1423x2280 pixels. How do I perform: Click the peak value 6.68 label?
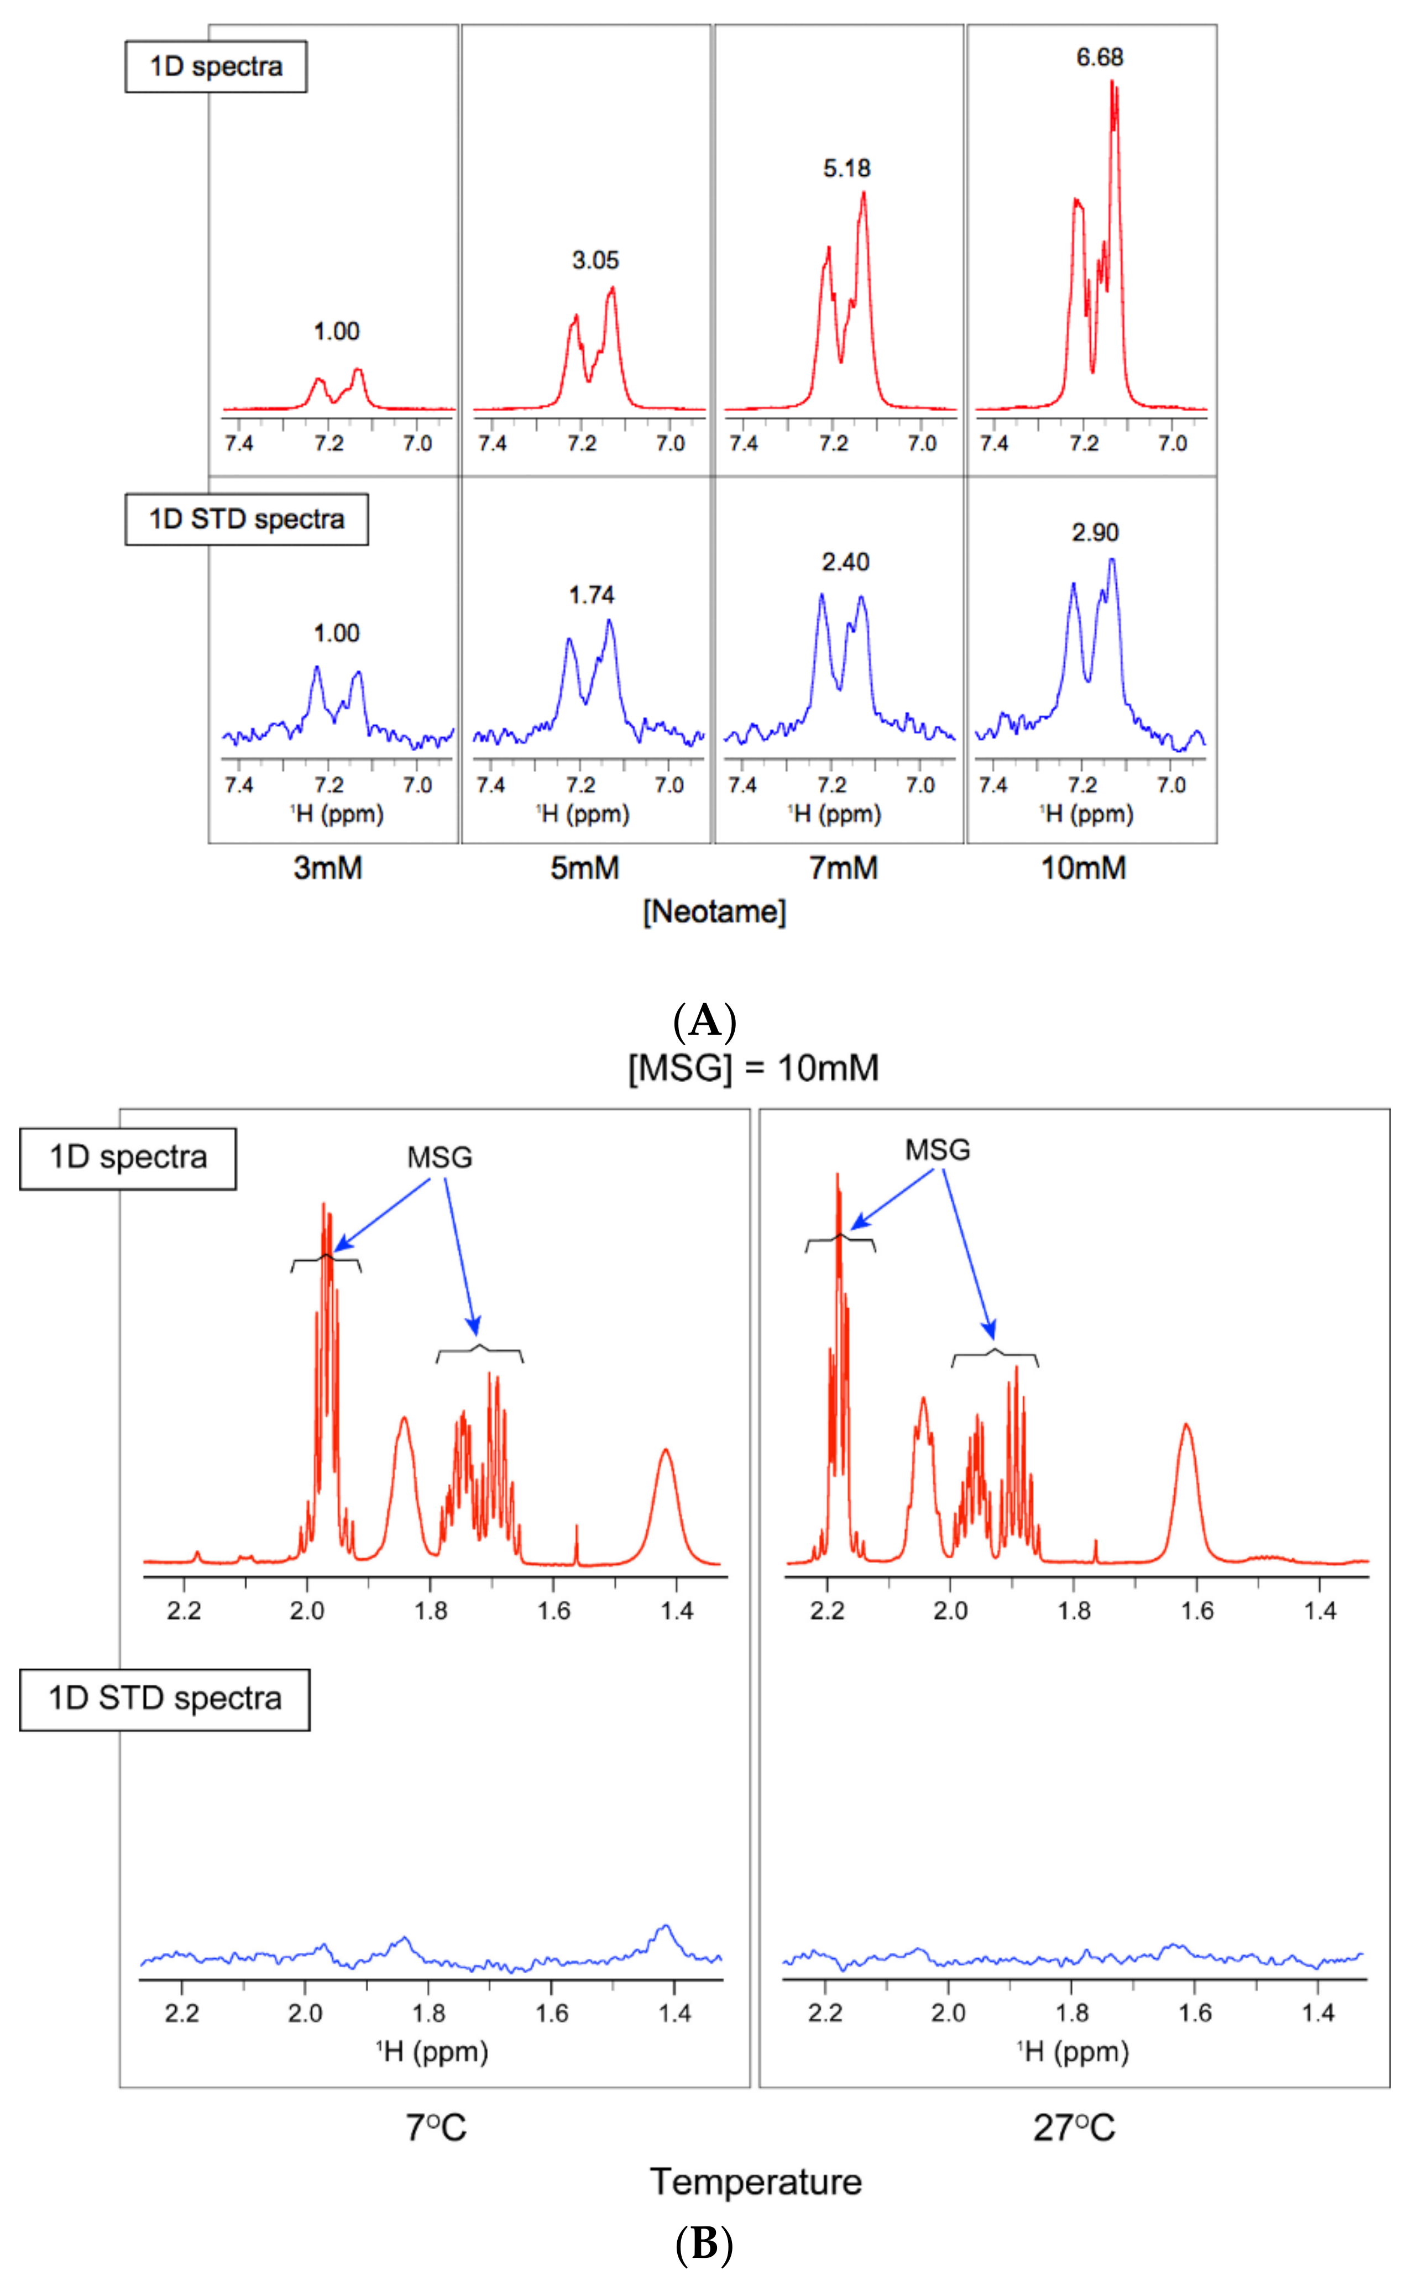(1099, 57)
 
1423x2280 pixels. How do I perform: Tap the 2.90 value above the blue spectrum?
(1095, 533)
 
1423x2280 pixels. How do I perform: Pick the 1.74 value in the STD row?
(591, 595)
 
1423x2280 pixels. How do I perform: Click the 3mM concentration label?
(327, 867)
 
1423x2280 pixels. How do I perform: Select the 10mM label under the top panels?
(1083, 867)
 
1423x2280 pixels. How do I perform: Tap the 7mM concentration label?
(843, 867)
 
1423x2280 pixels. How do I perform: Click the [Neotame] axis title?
(714, 911)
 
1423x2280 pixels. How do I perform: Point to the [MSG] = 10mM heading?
(753, 1067)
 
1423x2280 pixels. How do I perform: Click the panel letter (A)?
(705, 1021)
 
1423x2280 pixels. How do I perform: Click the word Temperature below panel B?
(756, 2181)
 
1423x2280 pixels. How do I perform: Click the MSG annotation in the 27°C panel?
(938, 1149)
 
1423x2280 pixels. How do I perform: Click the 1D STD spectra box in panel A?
(247, 520)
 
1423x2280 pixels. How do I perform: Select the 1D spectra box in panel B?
(128, 1157)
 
